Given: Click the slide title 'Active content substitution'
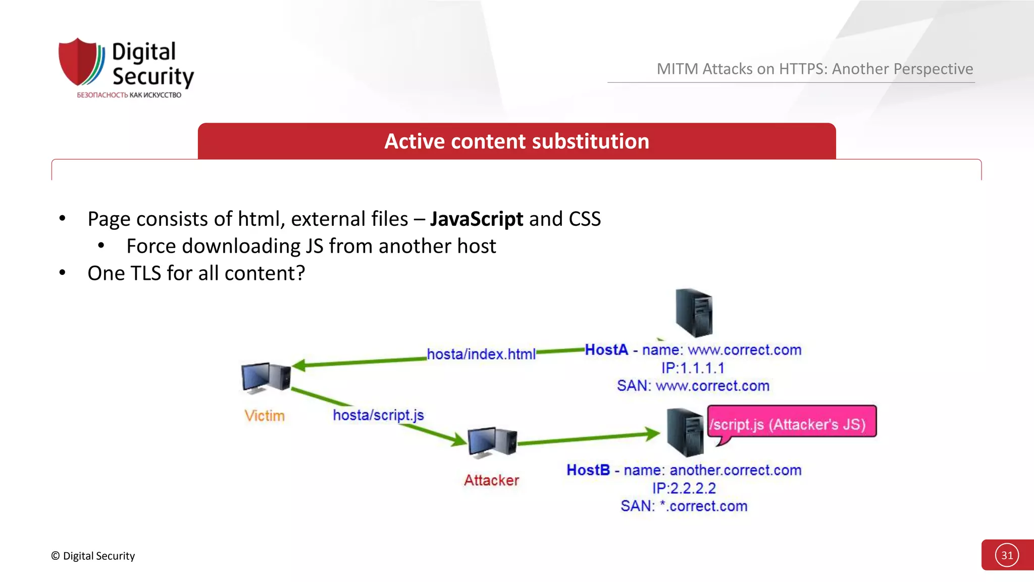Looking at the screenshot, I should [516, 141].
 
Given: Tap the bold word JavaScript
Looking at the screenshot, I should [476, 219].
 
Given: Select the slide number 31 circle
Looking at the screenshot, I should [1007, 555].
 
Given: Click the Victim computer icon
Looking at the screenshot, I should [266, 378].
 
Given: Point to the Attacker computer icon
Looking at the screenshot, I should [492, 442].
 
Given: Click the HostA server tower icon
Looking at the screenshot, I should [694, 313].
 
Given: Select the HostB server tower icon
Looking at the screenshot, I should [685, 432].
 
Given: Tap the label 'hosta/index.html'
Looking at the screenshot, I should [481, 354].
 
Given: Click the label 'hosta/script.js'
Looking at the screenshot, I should [378, 415].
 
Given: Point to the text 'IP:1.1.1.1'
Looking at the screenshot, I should [693, 368].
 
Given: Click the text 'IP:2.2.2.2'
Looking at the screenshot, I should [684, 488].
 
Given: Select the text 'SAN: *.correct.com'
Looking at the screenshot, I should [684, 506].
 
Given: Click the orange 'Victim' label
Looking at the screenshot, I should [265, 416].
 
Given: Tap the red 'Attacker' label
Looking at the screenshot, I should [491, 480].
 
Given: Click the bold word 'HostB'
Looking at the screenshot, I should [588, 470].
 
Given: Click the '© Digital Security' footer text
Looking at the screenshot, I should [93, 556].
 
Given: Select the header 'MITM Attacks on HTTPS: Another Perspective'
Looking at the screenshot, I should [814, 69].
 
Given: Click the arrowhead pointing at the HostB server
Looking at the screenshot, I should [653, 433].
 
